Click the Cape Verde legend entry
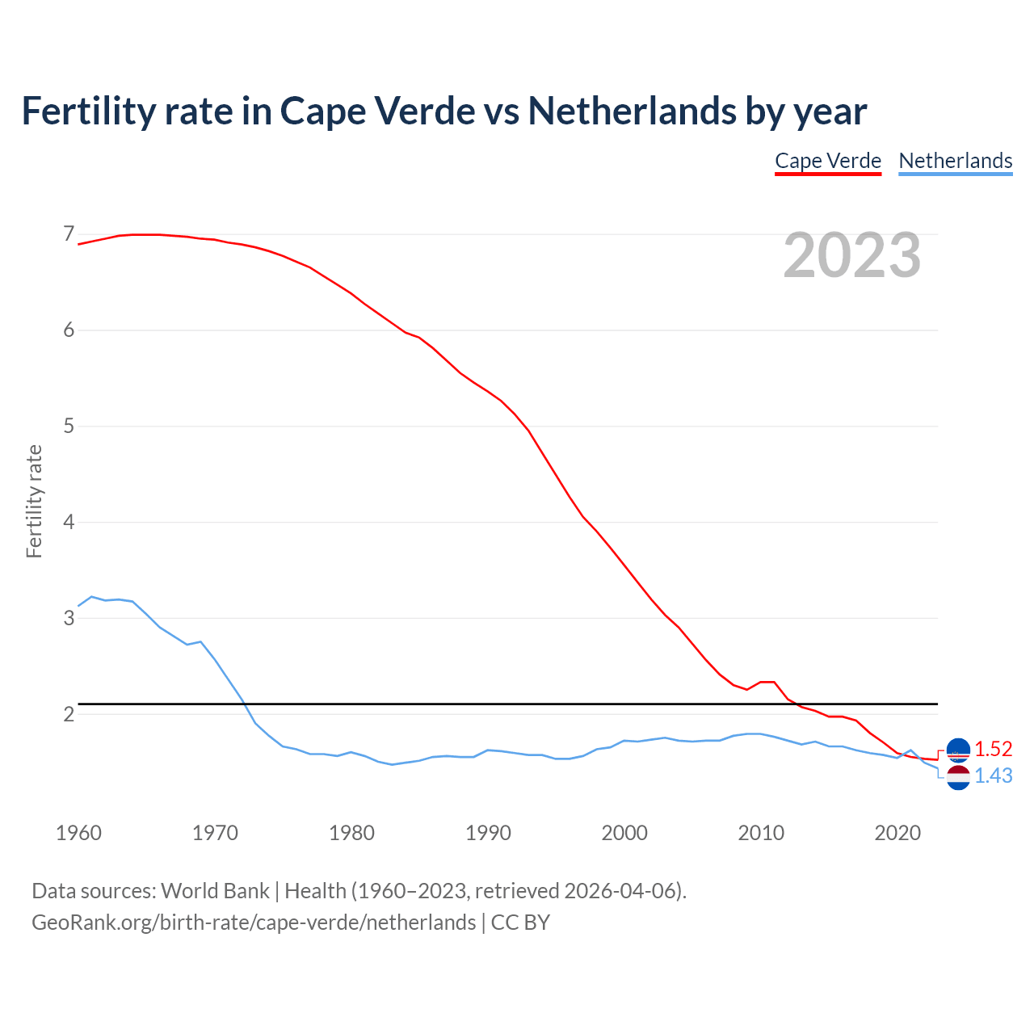point(828,161)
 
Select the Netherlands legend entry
point(956,161)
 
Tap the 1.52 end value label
point(993,749)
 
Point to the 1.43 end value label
point(993,775)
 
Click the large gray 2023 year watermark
point(852,255)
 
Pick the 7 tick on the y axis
point(69,234)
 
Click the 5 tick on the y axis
point(69,426)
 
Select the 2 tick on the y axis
point(69,714)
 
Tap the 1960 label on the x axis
point(78,833)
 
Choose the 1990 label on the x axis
point(488,833)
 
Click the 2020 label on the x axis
point(897,833)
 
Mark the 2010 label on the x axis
point(761,833)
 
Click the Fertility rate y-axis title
point(34,501)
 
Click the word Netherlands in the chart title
point(632,111)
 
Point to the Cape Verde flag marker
point(958,750)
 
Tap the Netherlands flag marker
point(958,778)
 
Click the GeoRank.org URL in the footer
point(254,923)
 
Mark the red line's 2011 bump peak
point(767,682)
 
